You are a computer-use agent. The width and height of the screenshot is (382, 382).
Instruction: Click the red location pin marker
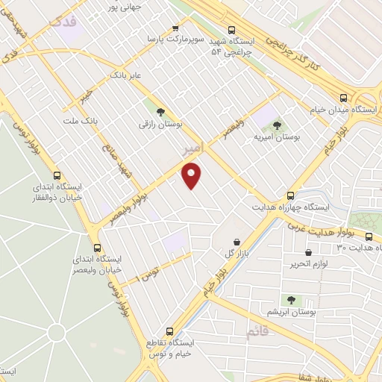[192, 175]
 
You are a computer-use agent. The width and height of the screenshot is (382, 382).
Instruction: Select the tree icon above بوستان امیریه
[277, 125]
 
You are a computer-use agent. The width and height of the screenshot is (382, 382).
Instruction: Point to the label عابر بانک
[126, 75]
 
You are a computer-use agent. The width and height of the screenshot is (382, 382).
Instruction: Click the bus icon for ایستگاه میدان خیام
[343, 97]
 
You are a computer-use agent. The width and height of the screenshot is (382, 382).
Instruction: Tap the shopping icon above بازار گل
[237, 241]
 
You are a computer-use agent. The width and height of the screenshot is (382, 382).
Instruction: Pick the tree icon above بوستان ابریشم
[291, 299]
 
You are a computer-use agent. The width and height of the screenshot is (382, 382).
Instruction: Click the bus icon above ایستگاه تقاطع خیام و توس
[169, 330]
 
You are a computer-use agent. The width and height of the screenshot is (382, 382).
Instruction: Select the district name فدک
[63, 23]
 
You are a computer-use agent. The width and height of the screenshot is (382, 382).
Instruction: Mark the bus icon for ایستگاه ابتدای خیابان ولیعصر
[97, 248]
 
